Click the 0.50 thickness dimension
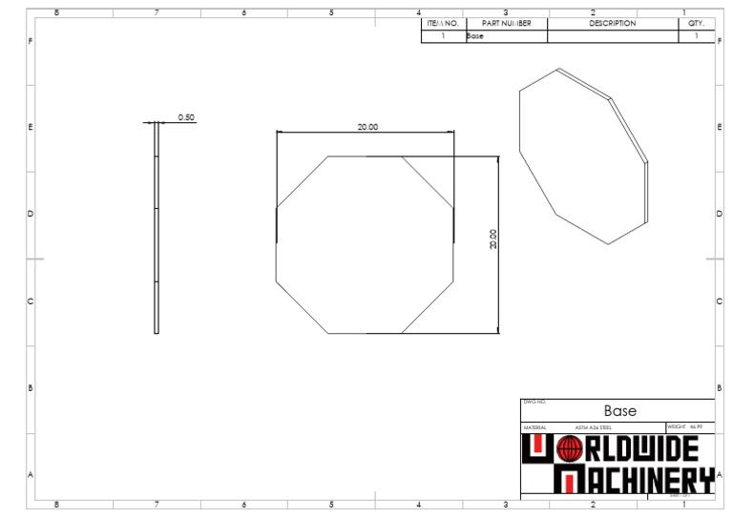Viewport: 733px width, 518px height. pos(186,117)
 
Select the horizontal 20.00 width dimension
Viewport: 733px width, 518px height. pos(367,127)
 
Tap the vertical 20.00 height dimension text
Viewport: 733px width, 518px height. pos(492,238)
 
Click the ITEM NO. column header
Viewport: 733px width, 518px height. pos(443,23)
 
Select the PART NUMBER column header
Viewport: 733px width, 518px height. pos(507,23)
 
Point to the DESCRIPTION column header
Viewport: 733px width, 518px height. pos(612,23)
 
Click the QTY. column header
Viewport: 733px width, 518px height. pos(696,23)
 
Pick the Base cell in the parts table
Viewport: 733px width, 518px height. pos(475,36)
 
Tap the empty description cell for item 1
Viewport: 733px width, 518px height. pos(612,36)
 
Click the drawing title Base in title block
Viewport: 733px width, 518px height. pos(619,411)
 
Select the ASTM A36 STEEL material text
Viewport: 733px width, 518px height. pos(593,427)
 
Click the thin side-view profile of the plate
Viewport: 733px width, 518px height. pos(157,229)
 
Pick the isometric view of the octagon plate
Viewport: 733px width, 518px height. pos(582,157)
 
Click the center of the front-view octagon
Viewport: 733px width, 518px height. pos(365,244)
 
